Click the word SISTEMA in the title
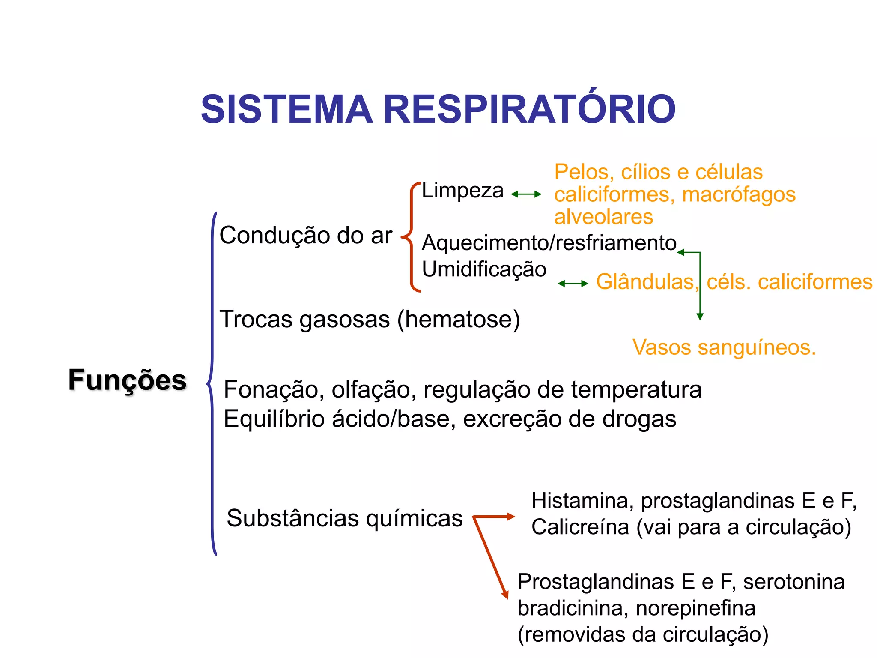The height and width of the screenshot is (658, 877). click(x=286, y=109)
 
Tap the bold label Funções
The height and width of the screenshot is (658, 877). click(x=127, y=380)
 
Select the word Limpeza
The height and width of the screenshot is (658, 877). click(x=462, y=191)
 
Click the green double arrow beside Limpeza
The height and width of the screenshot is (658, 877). click(x=526, y=194)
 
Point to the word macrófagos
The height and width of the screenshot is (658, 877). click(x=739, y=194)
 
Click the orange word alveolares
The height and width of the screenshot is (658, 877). click(x=603, y=217)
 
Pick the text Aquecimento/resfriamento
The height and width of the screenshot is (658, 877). click(x=549, y=243)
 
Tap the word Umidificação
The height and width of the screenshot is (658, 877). click(x=484, y=269)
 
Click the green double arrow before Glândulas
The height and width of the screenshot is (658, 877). click(x=573, y=284)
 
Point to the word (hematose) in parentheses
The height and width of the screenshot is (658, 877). click(x=459, y=320)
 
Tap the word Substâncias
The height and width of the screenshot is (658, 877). click(x=293, y=518)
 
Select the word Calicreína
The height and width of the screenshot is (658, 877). click(x=580, y=527)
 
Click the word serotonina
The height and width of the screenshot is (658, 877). click(x=793, y=582)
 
